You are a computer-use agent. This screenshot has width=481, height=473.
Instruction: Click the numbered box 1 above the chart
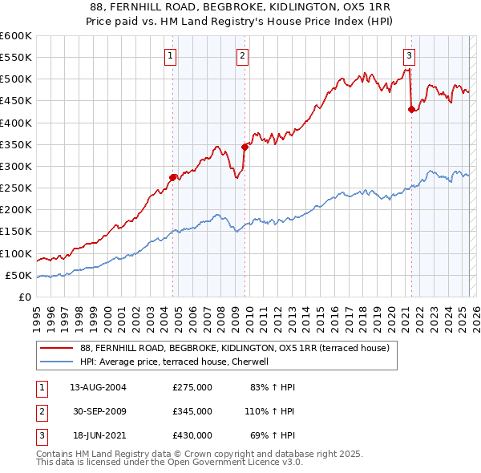pos(172,55)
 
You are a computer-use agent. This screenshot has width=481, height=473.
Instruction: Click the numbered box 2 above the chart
pos(242,55)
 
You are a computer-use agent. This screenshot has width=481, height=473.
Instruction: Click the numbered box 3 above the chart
pos(409,55)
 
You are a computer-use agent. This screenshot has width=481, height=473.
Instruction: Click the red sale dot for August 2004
pos(172,177)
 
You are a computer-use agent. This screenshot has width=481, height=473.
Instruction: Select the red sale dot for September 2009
pos(245,147)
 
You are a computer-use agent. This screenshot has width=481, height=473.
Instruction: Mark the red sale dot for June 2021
pos(411,110)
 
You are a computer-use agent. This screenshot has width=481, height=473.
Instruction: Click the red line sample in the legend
pos(57,348)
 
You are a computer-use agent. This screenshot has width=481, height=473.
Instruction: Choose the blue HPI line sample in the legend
pos(57,362)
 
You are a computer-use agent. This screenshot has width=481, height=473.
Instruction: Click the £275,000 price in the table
pos(192,387)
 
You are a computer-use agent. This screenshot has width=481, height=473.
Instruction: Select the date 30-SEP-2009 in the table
pos(99,411)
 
